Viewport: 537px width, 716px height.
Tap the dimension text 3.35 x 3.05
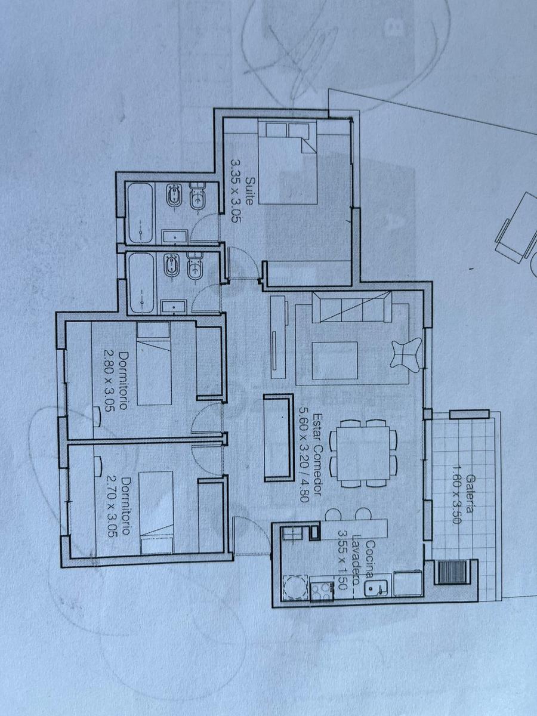click(236, 190)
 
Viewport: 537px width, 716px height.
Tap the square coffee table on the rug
click(335, 360)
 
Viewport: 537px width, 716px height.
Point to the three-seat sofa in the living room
click(352, 307)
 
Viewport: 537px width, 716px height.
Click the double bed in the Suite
click(288, 162)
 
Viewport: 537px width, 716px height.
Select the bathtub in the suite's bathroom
click(141, 213)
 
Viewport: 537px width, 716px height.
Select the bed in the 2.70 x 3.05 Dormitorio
click(156, 512)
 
